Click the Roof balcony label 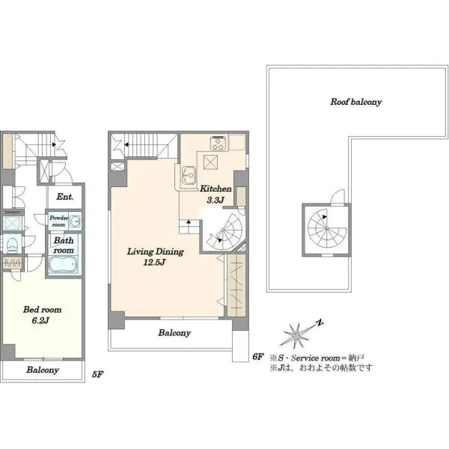click(356, 102)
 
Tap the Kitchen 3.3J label click(216, 194)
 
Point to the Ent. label click(65, 197)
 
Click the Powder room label click(58, 221)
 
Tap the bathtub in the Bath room click(63, 265)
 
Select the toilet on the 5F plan click(12, 244)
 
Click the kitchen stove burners click(219, 143)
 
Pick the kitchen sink click(189, 174)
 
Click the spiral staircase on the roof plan click(326, 228)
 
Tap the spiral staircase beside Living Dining click(226, 230)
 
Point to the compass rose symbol click(298, 334)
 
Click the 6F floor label click(257, 357)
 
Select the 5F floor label click(97, 374)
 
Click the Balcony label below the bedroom click(43, 370)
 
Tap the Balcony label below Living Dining click(174, 333)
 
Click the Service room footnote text click(317, 358)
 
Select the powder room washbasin click(76, 221)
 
